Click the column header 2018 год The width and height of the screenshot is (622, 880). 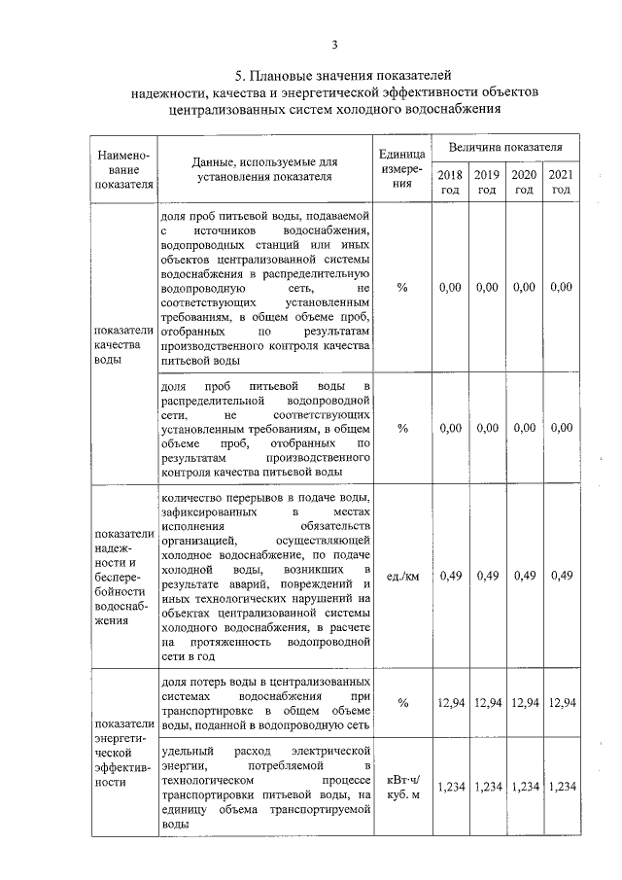tap(449, 182)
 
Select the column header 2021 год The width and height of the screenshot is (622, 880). tap(561, 182)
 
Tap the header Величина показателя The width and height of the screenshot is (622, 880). tap(504, 147)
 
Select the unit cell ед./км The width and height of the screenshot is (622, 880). tap(402, 576)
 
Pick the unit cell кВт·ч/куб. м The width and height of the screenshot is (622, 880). tap(402, 787)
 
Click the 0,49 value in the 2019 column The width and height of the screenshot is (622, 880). tap(487, 576)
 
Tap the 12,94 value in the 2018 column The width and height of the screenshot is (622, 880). tap(450, 702)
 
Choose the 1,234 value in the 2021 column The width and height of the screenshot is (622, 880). tap(561, 787)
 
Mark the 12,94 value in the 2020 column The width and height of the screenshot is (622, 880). tap(524, 702)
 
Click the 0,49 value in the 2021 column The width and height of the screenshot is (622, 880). tap(561, 576)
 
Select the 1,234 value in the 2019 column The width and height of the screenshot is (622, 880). tap(487, 787)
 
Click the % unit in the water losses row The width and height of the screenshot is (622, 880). tap(402, 702)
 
